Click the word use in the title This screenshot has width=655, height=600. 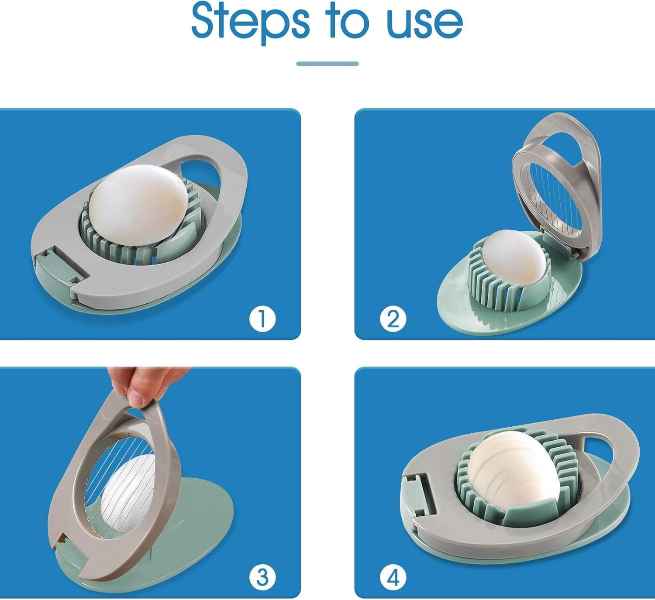click(x=424, y=24)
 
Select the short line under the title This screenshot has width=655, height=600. click(x=327, y=64)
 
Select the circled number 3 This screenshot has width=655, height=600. click(x=262, y=578)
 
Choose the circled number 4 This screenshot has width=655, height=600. click(x=393, y=578)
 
